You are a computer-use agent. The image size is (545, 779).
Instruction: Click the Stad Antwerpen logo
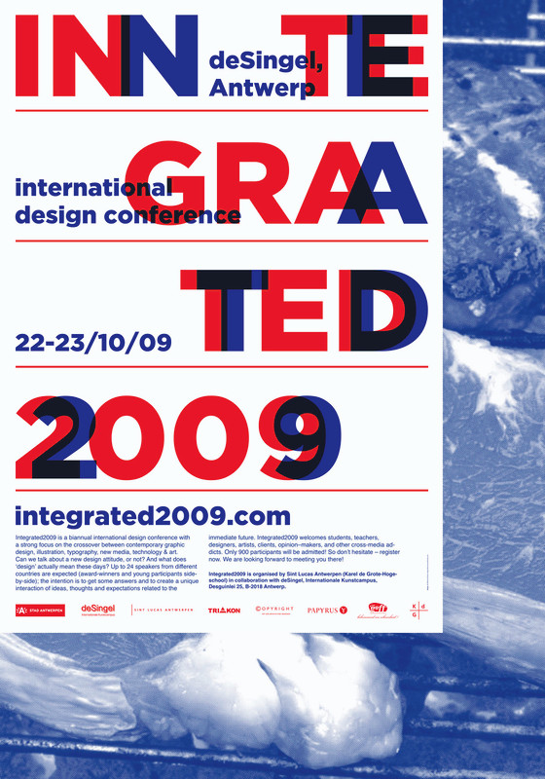pos(40,611)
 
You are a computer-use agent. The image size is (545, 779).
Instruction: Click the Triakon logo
pos(224,611)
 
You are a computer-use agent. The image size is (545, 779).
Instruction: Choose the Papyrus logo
pos(326,611)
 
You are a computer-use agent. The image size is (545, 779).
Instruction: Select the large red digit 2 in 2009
pos(58,439)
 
